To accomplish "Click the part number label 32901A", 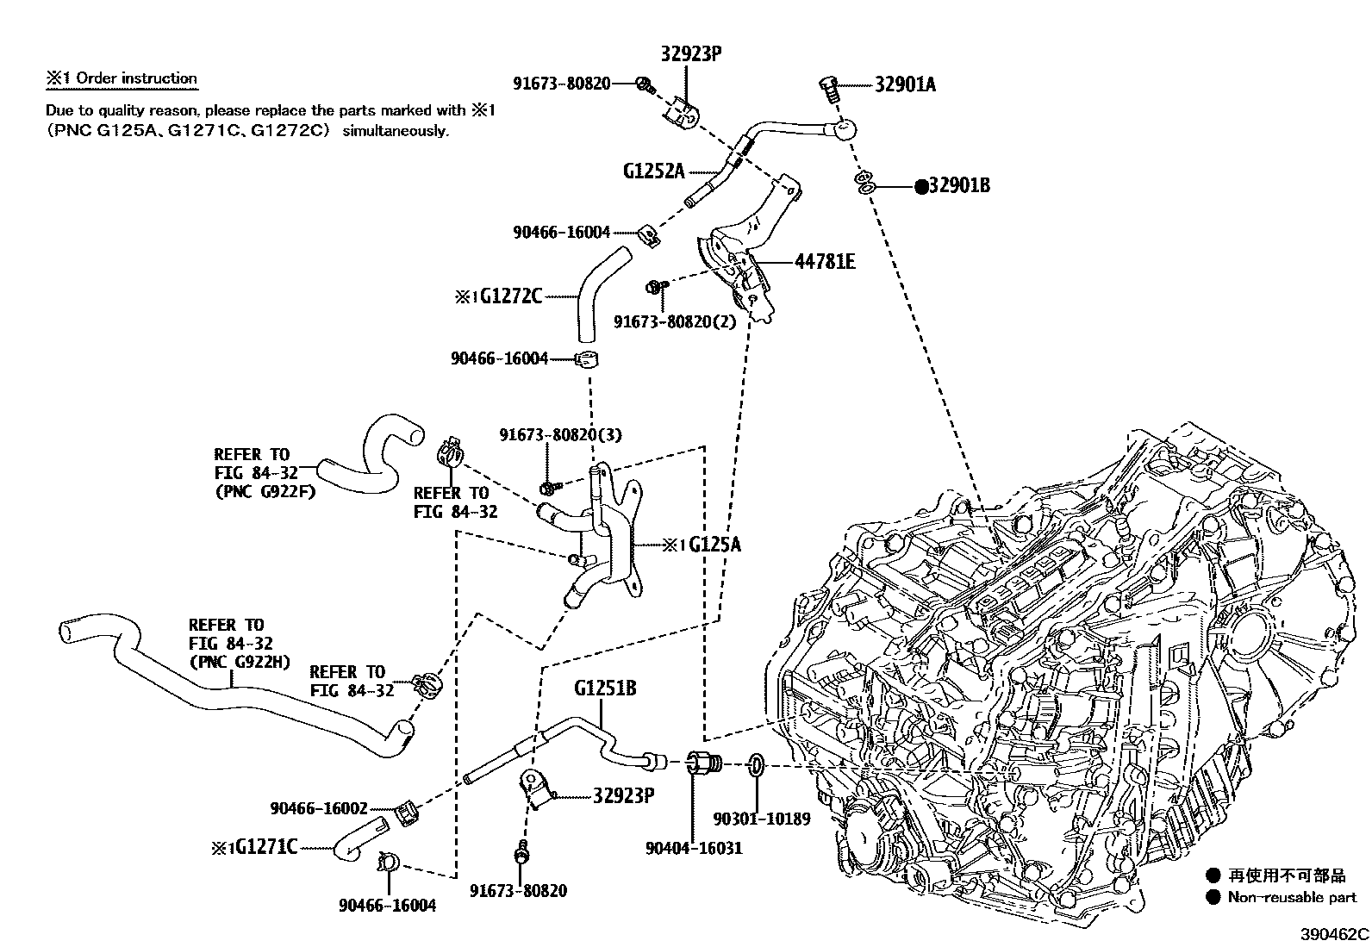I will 905,84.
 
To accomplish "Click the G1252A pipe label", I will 653,171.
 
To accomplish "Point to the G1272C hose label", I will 510,296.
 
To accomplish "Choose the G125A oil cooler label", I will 714,545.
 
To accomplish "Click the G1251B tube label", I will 605,689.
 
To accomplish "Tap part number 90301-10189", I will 762,819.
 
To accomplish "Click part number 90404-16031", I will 693,848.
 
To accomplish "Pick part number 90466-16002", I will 318,808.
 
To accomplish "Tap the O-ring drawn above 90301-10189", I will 755,764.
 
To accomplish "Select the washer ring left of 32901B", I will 865,184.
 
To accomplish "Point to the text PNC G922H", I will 240,662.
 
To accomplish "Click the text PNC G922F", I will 265,492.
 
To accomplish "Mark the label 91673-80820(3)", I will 559,435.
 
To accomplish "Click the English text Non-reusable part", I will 1292,897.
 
